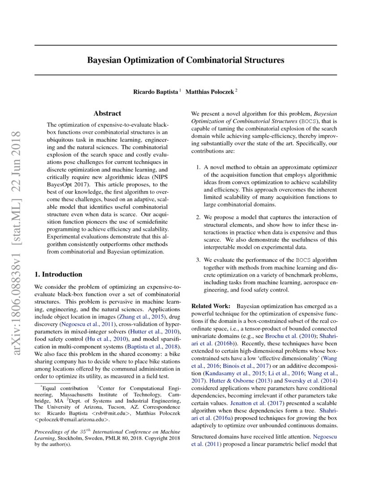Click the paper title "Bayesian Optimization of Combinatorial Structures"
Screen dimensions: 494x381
(x=186, y=60)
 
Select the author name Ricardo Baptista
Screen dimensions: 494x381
(x=155, y=92)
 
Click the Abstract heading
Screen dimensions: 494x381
(x=107, y=114)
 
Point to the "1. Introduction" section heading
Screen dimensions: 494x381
(x=58, y=274)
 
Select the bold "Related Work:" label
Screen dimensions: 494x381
(x=211, y=305)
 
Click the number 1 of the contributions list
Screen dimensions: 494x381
(x=199, y=168)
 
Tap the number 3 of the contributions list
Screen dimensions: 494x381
(x=199, y=260)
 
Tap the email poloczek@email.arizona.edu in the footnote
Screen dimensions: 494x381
(x=72, y=420)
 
